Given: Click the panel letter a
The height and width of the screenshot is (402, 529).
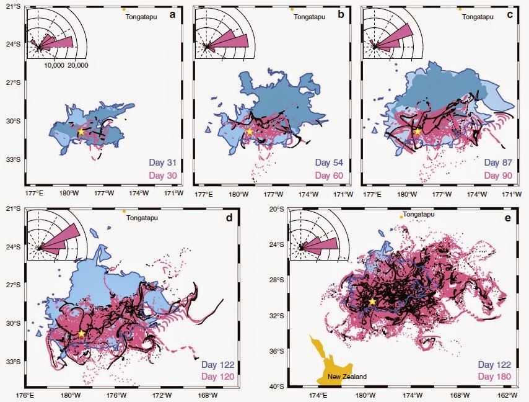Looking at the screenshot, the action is (173, 14).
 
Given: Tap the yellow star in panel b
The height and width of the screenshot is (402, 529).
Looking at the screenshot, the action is (249, 132).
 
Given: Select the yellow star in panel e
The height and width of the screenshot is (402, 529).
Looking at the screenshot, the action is (372, 301).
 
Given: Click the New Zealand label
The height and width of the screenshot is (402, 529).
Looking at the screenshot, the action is (347, 377).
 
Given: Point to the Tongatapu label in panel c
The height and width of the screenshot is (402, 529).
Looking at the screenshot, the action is (478, 17).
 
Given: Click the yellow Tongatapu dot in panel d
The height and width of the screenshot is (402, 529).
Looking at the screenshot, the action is (124, 211).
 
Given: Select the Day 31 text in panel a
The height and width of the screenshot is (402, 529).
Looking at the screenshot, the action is (163, 163).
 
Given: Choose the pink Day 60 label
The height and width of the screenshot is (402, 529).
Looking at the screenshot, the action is (329, 176).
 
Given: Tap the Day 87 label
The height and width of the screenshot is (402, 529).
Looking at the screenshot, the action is (498, 163).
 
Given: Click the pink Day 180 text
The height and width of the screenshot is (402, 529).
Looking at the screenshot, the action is (494, 377).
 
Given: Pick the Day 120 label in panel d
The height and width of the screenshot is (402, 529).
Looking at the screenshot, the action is (217, 377).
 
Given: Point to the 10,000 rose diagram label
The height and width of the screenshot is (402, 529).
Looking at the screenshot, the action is (54, 65).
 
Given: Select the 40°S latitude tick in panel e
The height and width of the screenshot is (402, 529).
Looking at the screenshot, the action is (278, 386).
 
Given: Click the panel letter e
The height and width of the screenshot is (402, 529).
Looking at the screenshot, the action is (507, 218).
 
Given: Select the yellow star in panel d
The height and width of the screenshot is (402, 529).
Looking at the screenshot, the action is (81, 333).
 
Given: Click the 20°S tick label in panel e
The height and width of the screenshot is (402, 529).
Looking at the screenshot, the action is (278, 209).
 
